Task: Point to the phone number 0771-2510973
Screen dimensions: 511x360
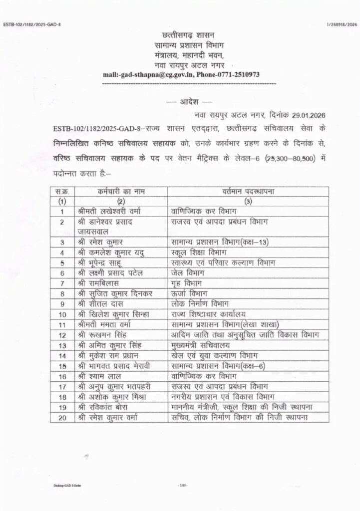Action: tap(238, 74)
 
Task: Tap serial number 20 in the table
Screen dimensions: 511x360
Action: tap(63, 417)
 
